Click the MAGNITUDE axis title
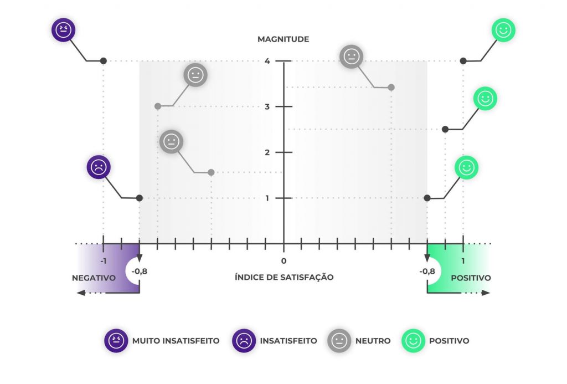click(x=283, y=39)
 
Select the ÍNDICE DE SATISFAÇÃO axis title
click(x=284, y=277)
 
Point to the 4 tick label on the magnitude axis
click(x=267, y=61)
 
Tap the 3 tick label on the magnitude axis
click(x=267, y=107)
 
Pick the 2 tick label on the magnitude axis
click(x=267, y=152)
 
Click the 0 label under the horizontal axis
click(x=283, y=261)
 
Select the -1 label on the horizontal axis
click(x=103, y=261)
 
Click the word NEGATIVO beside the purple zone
click(x=94, y=278)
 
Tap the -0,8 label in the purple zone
click(x=140, y=272)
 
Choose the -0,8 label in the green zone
click(x=427, y=272)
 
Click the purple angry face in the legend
click(x=116, y=341)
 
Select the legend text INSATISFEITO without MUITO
click(x=288, y=341)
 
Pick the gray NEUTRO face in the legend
click(x=339, y=341)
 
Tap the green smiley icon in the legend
click(x=413, y=341)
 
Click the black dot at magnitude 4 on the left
click(x=104, y=61)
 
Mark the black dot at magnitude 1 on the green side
click(x=427, y=198)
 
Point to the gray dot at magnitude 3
click(x=158, y=106)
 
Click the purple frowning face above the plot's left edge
click(x=99, y=167)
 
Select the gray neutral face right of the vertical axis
click(x=351, y=57)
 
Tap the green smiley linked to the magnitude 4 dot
click(x=503, y=31)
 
